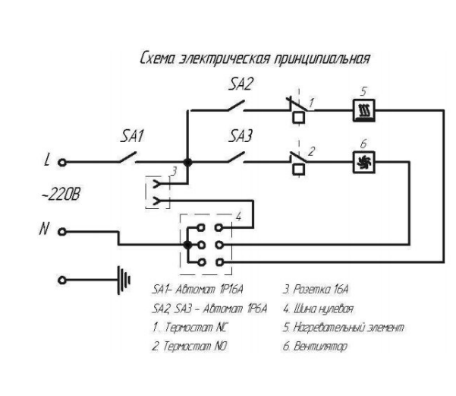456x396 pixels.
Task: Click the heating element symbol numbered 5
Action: [x=363, y=112]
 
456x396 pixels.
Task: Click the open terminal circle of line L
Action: [x=63, y=161]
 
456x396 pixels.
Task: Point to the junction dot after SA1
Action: [x=187, y=161]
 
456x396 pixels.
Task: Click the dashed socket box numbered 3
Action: [x=157, y=192]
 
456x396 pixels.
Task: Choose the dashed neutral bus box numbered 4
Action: [x=206, y=243]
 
